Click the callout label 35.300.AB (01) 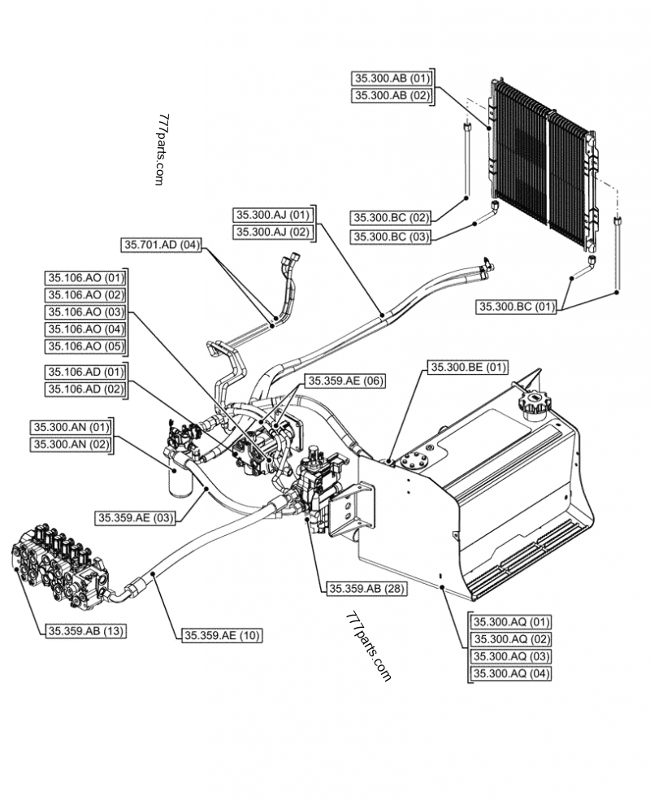[392, 78]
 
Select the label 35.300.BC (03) [392, 237]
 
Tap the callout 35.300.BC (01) [516, 307]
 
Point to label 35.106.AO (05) [85, 346]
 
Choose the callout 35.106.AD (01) [85, 372]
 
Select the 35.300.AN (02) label [71, 444]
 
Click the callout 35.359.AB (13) [84, 629]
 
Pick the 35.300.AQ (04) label [512, 674]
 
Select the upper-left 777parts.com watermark [162, 150]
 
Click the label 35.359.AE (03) [136, 517]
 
